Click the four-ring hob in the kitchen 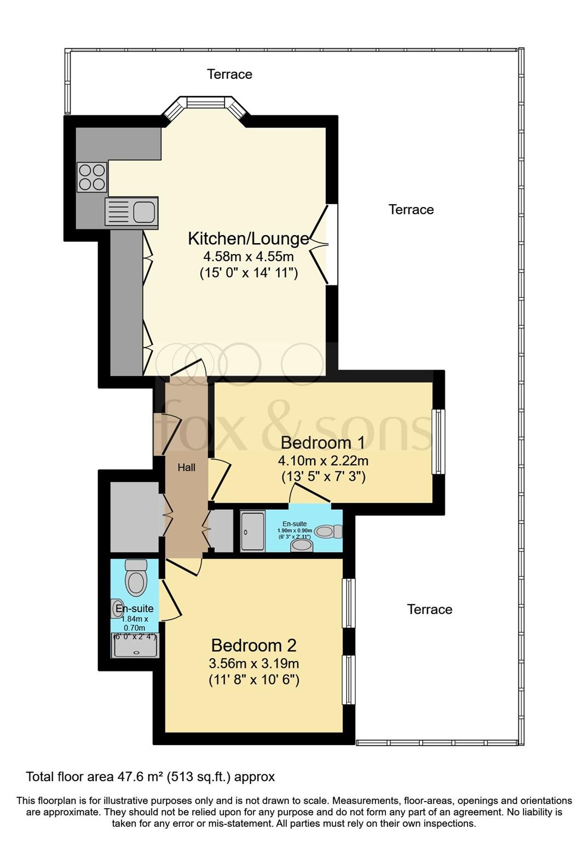point(91,177)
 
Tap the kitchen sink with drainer point(131,212)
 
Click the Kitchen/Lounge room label point(249,239)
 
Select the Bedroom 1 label point(323,442)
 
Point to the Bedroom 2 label point(253,646)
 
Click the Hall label point(186,468)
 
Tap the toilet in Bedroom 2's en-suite point(136,578)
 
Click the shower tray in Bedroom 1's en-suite point(252,531)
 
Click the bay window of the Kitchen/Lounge point(206,102)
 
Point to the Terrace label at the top point(229,74)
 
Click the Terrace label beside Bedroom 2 point(429,609)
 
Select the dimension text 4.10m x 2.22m point(323,460)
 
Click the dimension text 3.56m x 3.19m point(253,664)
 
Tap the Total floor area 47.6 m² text point(151,776)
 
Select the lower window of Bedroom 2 point(348,679)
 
